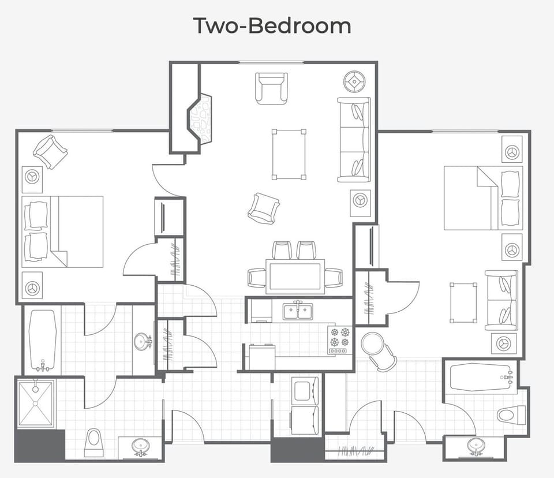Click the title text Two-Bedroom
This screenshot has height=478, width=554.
pos(272,26)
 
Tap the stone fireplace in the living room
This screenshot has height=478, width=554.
pos(200,119)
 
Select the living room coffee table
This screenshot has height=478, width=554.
pos(289,154)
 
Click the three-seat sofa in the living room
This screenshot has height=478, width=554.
pos(353,139)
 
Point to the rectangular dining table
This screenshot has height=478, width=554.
pos(294,276)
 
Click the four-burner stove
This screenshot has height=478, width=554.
pos(339,339)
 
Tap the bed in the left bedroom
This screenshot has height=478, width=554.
pos(62,231)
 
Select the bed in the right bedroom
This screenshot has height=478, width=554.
pos(483,198)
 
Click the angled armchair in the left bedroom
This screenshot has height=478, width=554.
pos(50,151)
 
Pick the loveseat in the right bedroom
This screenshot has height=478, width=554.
pos(501,300)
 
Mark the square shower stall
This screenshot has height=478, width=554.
pos(36,404)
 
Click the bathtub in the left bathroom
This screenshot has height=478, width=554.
pos(43,341)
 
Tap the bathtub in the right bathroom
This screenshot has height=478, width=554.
pos(480,378)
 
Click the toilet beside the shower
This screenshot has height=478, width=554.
pos(93,443)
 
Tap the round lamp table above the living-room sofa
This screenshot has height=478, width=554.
pos(353,81)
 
